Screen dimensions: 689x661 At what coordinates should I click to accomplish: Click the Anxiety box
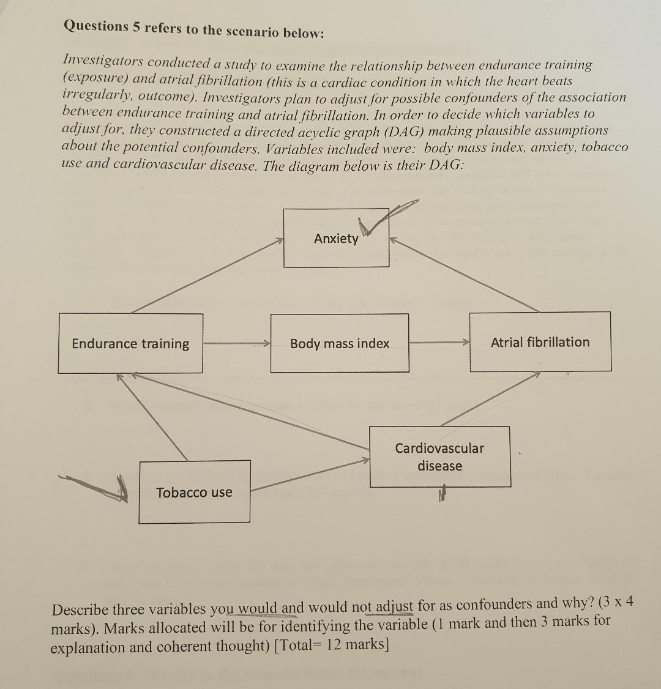point(336,238)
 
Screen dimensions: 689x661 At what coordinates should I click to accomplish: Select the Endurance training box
point(130,343)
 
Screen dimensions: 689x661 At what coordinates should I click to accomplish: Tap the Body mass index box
point(340,343)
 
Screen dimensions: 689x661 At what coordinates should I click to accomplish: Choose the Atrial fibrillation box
point(540,342)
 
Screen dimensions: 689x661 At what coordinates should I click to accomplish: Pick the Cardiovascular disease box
point(439,457)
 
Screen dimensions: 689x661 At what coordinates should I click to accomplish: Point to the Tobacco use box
point(194,493)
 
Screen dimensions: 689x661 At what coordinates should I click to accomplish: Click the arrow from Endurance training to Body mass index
point(236,343)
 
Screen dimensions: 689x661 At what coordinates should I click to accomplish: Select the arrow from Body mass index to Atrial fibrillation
point(439,343)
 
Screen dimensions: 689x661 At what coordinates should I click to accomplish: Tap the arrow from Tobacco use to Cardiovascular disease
point(309,475)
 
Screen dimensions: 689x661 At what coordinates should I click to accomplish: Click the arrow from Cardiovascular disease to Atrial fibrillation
point(490,398)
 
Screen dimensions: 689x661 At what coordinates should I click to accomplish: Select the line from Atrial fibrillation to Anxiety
point(465,275)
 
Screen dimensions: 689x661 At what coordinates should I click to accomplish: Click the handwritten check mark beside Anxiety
point(386,218)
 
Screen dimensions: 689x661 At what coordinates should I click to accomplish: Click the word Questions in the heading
point(95,28)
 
